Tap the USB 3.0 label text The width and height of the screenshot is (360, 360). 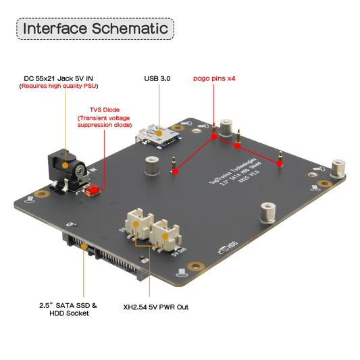click(x=157, y=79)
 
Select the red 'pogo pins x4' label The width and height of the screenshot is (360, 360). click(x=215, y=78)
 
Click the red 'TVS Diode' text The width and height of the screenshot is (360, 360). click(x=104, y=109)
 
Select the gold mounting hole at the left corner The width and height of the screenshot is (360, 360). click(x=30, y=199)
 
